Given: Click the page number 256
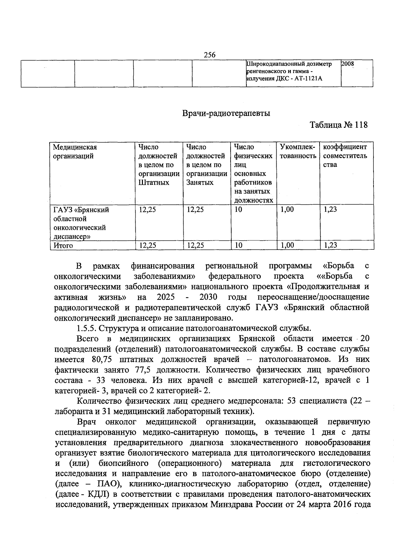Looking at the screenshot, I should point(209,55).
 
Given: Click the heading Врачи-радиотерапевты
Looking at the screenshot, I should point(226,114).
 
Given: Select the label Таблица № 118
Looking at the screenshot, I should point(338,125).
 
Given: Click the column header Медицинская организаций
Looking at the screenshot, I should point(75,152).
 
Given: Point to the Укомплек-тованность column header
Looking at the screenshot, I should point(298,152).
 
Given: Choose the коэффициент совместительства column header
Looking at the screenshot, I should point(345,156).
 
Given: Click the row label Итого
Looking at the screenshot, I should point(63,246).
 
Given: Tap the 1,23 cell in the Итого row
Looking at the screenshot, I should point(330,245).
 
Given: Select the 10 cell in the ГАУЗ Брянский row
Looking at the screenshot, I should point(238,210).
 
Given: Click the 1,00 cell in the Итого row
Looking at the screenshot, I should point(287,245).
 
